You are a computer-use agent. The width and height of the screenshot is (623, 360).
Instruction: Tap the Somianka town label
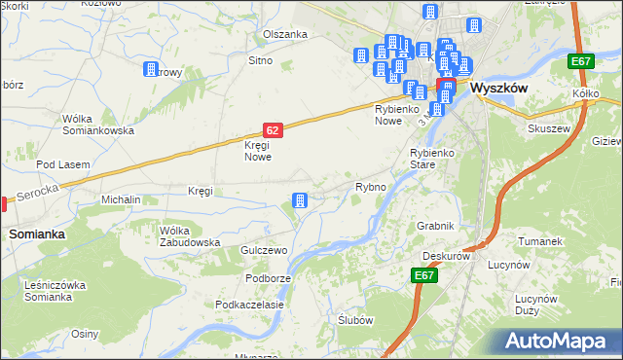[37, 234]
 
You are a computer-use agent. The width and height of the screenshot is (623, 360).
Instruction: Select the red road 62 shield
[274, 129]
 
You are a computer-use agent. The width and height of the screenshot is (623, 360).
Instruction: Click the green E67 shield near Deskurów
[423, 276]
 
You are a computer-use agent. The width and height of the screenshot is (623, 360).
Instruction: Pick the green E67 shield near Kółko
[581, 62]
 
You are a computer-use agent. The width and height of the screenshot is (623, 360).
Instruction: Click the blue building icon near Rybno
[300, 201]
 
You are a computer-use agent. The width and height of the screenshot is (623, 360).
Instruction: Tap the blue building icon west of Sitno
[151, 69]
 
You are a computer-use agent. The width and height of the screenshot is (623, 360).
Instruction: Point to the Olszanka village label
[284, 34]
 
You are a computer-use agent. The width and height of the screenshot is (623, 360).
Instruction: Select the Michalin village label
[122, 199]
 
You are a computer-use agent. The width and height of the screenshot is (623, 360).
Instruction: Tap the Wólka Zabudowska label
[190, 236]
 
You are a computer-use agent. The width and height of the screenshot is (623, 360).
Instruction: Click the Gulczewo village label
[265, 251]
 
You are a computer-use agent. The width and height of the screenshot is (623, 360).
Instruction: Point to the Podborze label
[269, 278]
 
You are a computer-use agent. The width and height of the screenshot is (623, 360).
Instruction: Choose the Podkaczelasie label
[249, 305]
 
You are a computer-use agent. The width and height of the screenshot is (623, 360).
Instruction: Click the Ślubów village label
[355, 320]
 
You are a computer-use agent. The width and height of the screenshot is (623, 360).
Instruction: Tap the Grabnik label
[435, 226]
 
